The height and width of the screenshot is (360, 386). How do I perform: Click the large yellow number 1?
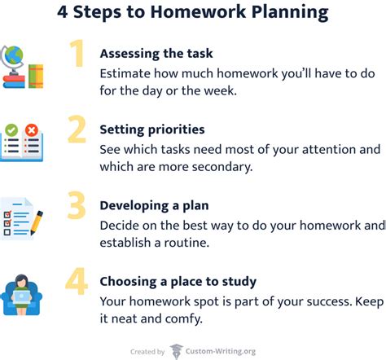[x=77, y=55]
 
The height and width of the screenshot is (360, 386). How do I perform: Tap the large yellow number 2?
[x=77, y=130]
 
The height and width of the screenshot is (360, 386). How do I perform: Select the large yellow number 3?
[x=77, y=206]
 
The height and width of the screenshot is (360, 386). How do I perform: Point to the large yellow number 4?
[x=77, y=281]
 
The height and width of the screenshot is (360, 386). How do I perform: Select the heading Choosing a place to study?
[x=178, y=281]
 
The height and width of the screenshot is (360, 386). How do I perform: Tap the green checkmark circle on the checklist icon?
[x=11, y=130]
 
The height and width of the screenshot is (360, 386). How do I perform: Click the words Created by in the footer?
[x=147, y=352]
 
